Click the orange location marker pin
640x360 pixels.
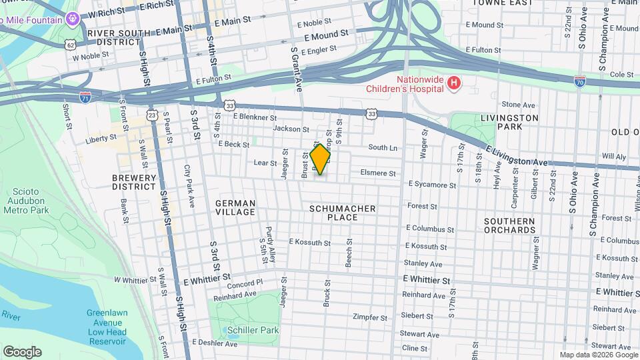(x=321, y=159)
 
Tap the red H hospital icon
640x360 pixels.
(x=454, y=83)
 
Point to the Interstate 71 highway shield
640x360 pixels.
(x=85, y=97)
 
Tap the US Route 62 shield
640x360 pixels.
(x=71, y=45)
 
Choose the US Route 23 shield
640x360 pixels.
(x=153, y=115)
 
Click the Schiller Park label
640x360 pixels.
(x=252, y=330)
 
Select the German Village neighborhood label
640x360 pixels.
(x=235, y=207)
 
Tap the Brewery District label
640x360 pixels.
(x=134, y=183)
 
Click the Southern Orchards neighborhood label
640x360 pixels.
(x=509, y=225)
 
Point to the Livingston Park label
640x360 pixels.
(x=509, y=122)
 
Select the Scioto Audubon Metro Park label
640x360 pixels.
(x=27, y=201)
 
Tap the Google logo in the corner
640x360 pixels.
(x=22, y=351)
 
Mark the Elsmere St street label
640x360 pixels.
(x=378, y=173)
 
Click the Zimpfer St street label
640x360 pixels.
(x=370, y=317)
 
